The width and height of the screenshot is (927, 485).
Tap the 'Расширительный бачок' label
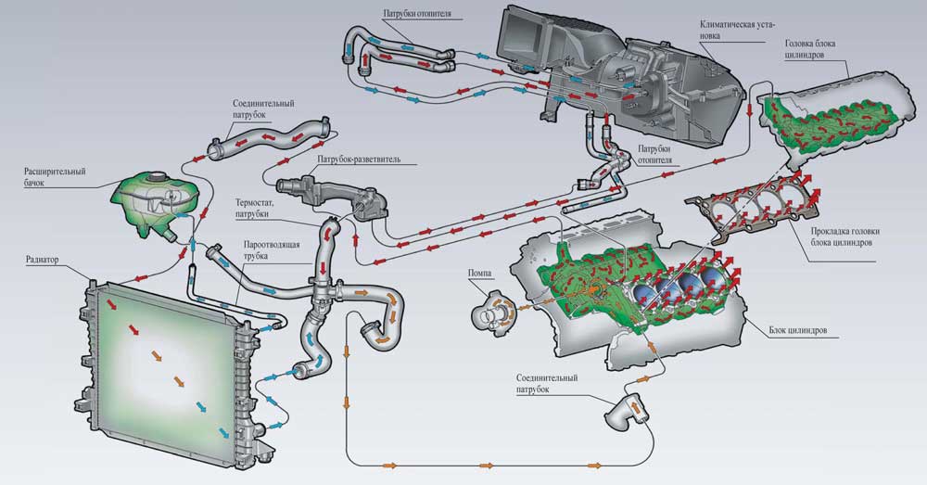tap(55, 177)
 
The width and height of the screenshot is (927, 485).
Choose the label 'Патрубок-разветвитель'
tap(359, 159)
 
